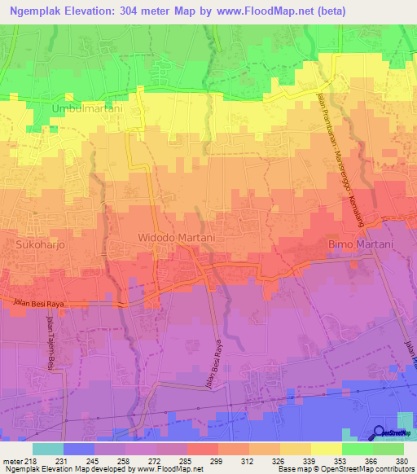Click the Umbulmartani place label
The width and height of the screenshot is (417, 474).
click(x=87, y=108)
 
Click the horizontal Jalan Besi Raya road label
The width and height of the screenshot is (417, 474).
click(x=38, y=304)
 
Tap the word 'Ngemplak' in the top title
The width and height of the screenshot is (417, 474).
click(x=40, y=11)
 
